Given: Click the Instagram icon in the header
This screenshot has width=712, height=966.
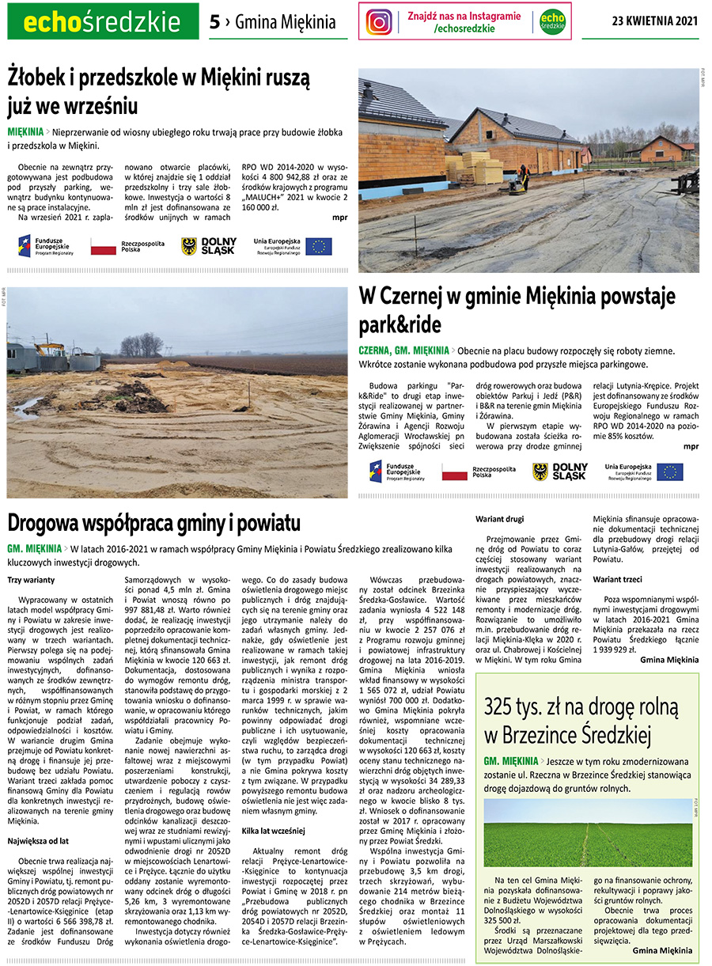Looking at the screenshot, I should click(x=380, y=21).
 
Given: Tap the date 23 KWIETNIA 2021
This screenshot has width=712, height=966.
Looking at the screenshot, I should click(x=655, y=21).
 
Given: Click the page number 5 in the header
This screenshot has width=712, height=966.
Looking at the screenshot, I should click(x=214, y=22).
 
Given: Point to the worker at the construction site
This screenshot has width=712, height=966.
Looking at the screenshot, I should click(x=523, y=176).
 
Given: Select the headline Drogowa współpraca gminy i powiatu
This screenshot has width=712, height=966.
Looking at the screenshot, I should click(x=153, y=523).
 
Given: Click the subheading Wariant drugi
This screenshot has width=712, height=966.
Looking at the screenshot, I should click(x=499, y=520).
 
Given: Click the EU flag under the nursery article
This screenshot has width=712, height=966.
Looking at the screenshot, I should click(x=319, y=246).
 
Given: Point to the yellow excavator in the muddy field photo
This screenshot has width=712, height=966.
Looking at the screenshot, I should click(x=48, y=349).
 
